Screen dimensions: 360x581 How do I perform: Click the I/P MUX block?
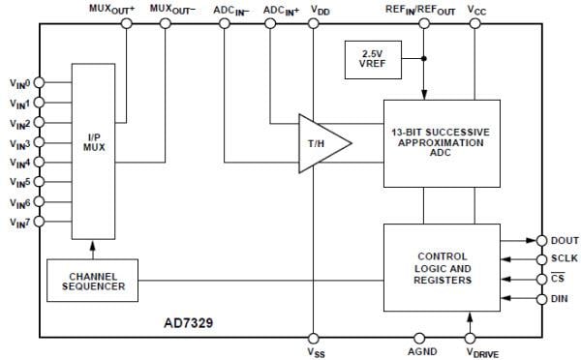coord(93,151)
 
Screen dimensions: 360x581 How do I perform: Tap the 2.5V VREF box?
coord(369,59)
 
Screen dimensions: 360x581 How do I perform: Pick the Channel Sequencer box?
coord(93,281)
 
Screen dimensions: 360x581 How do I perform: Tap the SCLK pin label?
coord(563,259)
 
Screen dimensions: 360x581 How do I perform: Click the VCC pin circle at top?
coord(474,23)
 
